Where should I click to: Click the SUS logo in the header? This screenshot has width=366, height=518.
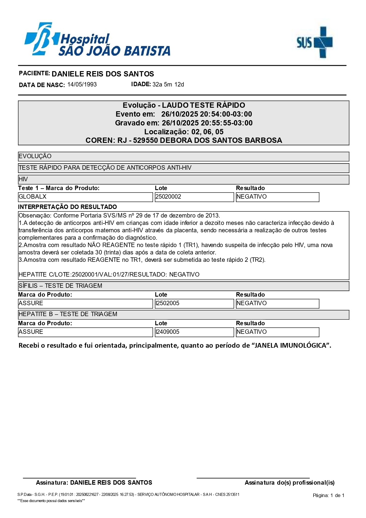coord(315,42)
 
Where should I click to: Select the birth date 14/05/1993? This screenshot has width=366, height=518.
coord(82,84)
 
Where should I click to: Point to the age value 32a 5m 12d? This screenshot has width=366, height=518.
coord(168,84)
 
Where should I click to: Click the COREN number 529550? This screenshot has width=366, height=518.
coord(145,140)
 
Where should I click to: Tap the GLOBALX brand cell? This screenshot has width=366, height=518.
coord(85,197)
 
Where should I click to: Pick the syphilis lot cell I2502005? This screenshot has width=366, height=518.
coord(194,303)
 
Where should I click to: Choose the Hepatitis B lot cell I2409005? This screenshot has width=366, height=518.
coord(194,332)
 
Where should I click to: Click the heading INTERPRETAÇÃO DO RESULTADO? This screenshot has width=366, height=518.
coord(68,207)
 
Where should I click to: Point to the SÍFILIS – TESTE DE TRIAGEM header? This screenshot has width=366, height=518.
coord(60,286)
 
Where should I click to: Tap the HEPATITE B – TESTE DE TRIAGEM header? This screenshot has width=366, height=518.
coord(68,314)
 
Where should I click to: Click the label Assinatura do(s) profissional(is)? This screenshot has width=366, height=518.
coord(290,483)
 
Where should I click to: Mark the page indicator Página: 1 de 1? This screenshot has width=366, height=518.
coord(329,495)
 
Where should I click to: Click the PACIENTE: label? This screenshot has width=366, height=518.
coord(34,73)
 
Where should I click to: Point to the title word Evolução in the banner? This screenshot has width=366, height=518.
coord(139,105)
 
